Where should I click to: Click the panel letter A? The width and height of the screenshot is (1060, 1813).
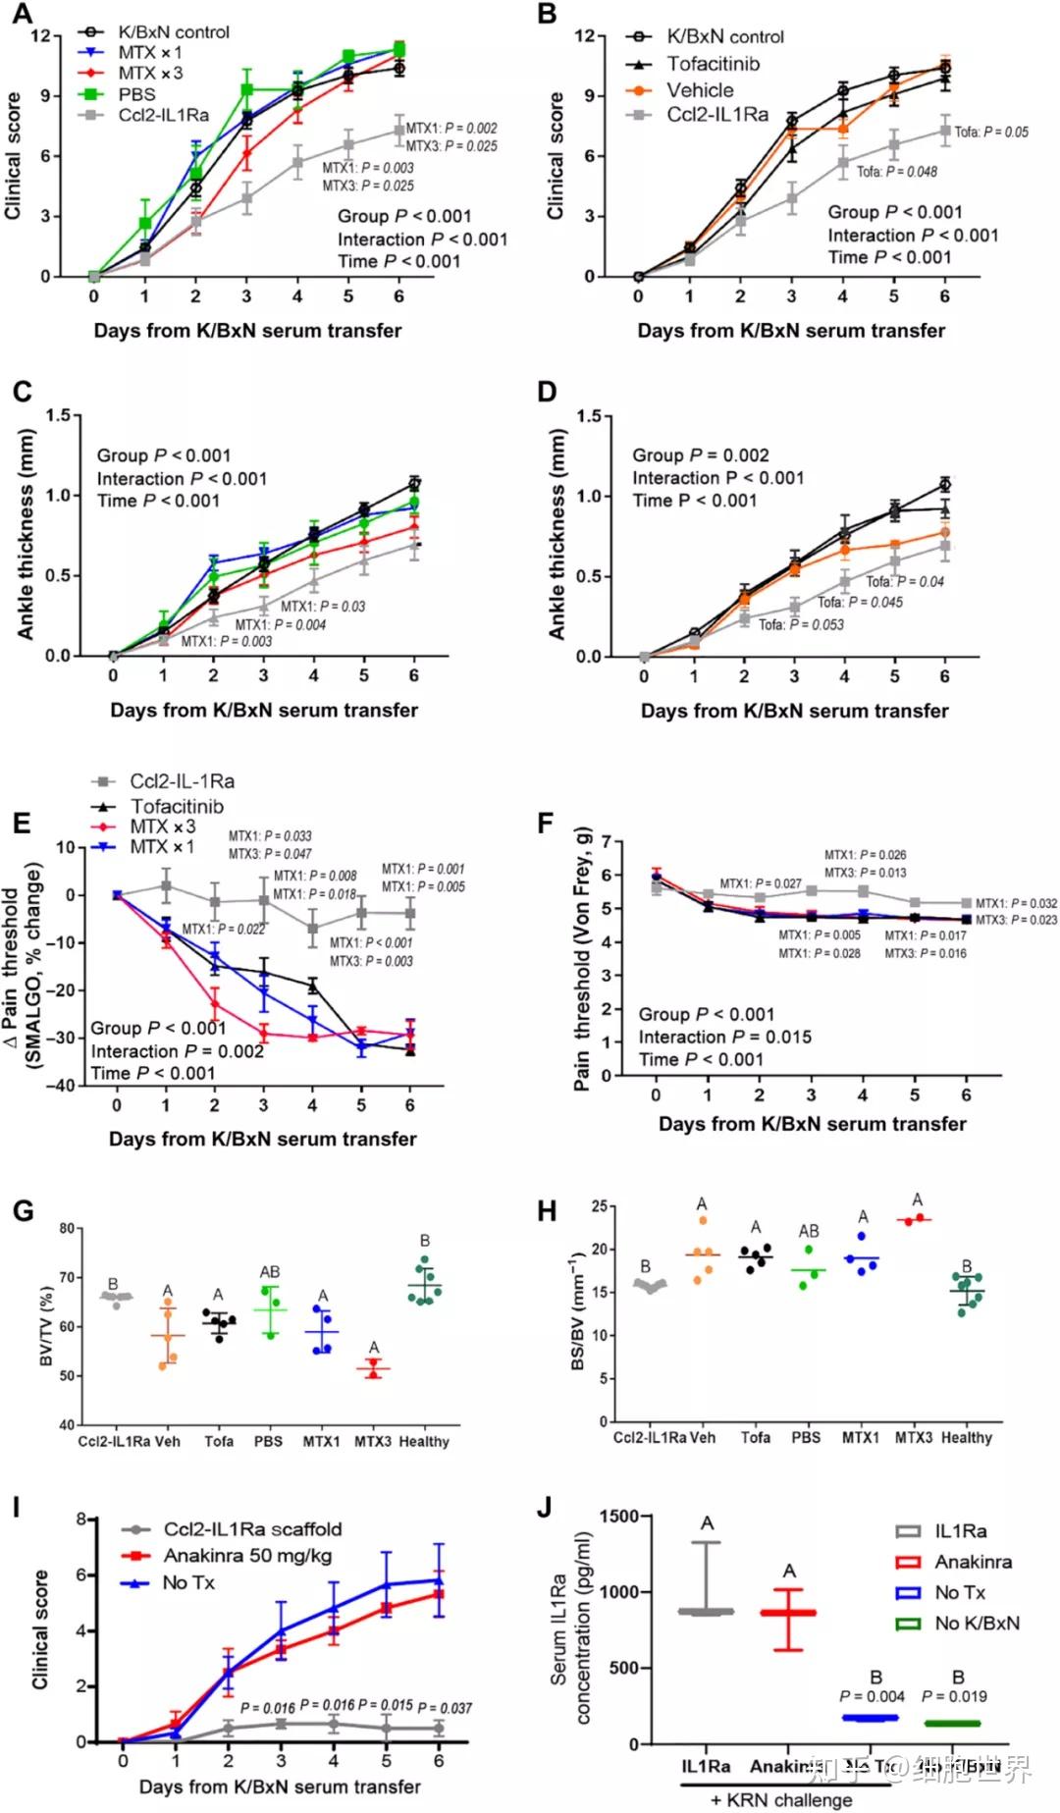pyautogui.click(x=21, y=14)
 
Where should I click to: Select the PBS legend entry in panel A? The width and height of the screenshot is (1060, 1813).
pyautogui.click(x=136, y=94)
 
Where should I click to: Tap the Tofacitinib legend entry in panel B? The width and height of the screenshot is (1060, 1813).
pyautogui.click(x=713, y=64)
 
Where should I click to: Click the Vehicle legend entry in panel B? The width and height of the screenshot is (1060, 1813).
pyautogui.click(x=700, y=90)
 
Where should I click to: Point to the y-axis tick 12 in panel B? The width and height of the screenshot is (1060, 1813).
pyautogui.click(x=584, y=36)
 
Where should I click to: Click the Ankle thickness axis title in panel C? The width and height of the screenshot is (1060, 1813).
pyautogui.click(x=26, y=536)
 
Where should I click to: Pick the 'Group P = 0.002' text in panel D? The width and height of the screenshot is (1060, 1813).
pyautogui.click(x=700, y=455)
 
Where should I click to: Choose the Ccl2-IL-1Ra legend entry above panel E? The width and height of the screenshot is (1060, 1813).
pyautogui.click(x=182, y=781)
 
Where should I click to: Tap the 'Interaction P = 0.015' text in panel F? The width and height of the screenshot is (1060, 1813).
pyautogui.click(x=724, y=1038)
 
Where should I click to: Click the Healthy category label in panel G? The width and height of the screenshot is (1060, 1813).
pyautogui.click(x=424, y=1441)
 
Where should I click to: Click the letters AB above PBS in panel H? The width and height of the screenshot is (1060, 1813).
pyautogui.click(x=808, y=1231)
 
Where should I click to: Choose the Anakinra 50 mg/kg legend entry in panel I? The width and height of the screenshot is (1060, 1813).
pyautogui.click(x=247, y=1556)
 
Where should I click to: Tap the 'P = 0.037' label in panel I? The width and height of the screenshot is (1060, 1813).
pyautogui.click(x=450, y=1708)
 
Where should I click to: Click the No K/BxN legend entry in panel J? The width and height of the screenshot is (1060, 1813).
pyautogui.click(x=977, y=1623)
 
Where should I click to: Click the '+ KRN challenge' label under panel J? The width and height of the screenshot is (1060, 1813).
pyautogui.click(x=781, y=1800)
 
